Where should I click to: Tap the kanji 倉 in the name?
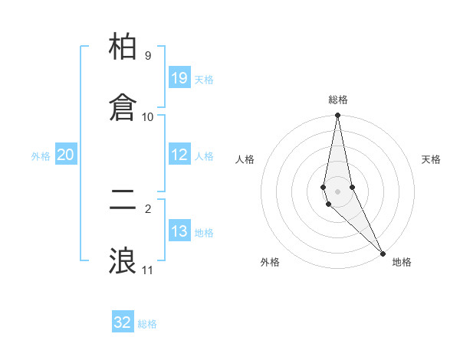[x=123, y=107]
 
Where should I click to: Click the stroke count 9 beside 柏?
[x=148, y=56]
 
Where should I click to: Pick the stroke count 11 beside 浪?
[x=147, y=270]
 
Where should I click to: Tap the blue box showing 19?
[x=179, y=78]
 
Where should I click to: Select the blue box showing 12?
[x=179, y=155]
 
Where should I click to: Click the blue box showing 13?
[x=179, y=231]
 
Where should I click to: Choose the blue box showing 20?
[x=65, y=155]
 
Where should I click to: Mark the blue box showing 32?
[x=123, y=322]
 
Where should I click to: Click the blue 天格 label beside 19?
[x=204, y=80]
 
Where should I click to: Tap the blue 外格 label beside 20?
[x=41, y=156]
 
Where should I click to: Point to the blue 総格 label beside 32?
[x=147, y=324]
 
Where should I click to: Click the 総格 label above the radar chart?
[x=338, y=100]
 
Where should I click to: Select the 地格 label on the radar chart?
[x=402, y=262]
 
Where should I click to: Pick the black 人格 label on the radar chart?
[x=245, y=159]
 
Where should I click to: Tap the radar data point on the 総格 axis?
[x=337, y=116]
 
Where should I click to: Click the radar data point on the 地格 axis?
[x=383, y=253]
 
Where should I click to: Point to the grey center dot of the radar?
[x=337, y=191]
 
